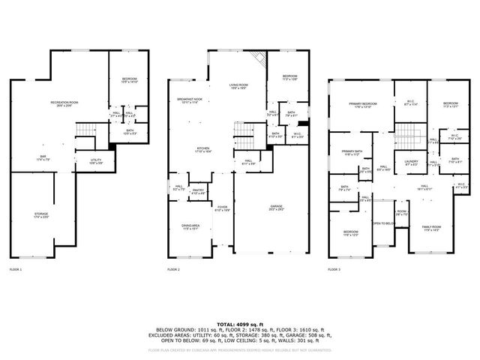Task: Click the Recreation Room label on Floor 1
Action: coord(64,103)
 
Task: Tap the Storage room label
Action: coord(40,215)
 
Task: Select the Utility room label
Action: coord(96,160)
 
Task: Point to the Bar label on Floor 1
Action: coord(43,157)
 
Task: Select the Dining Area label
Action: coord(190,226)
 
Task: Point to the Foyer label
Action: coord(222,208)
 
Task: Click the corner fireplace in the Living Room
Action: coord(259,58)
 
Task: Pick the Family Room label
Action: coord(430,227)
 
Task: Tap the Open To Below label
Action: coord(383,223)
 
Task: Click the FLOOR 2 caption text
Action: coord(173,268)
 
